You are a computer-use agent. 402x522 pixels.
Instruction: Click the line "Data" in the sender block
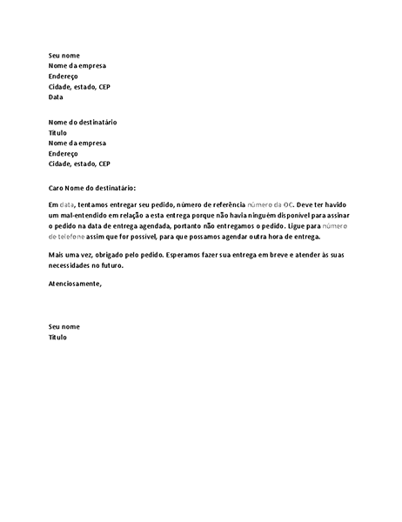pyautogui.click(x=56, y=97)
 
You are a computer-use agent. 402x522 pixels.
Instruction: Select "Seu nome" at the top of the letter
pyautogui.click(x=64, y=55)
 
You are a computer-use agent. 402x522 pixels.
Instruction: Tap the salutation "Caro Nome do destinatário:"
pyautogui.click(x=93, y=188)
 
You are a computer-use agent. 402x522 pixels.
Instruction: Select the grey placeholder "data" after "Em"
pyautogui.click(x=66, y=204)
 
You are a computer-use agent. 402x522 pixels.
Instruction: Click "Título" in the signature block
pyautogui.click(x=57, y=337)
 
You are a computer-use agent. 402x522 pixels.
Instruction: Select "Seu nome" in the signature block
pyautogui.click(x=64, y=326)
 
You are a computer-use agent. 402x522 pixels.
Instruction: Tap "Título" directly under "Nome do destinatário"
pyautogui.click(x=57, y=132)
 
